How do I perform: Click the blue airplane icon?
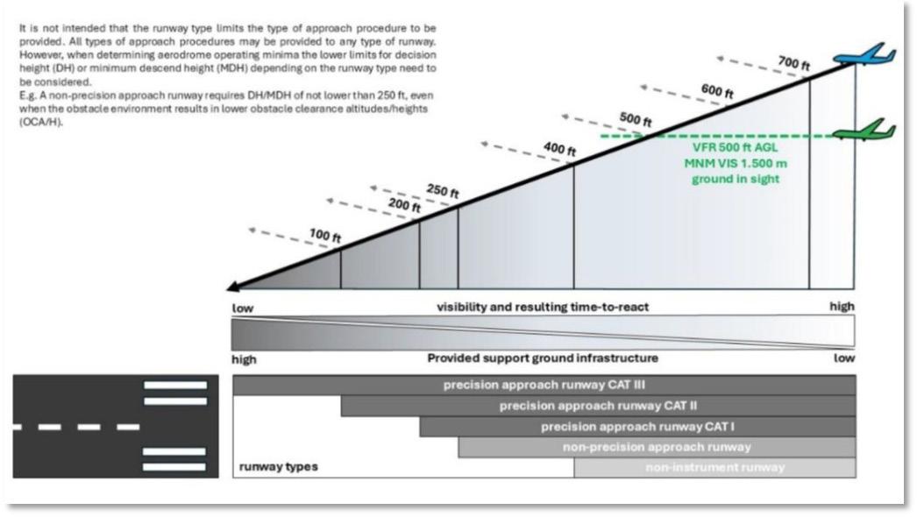[x=864, y=57]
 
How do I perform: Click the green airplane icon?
[x=864, y=131]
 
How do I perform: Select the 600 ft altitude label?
[x=716, y=90]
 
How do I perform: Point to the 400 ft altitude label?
[x=559, y=150]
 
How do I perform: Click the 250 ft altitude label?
[x=443, y=191]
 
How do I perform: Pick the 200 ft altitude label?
[x=404, y=207]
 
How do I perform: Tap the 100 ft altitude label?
[x=324, y=236]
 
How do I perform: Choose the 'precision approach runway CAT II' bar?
[x=598, y=406]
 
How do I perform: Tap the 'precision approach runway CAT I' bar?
[x=637, y=427]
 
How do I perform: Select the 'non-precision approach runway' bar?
[x=657, y=447]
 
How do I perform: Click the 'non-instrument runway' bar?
[x=714, y=468]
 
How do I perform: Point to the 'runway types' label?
[x=279, y=467]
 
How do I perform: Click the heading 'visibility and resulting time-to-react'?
[x=543, y=308]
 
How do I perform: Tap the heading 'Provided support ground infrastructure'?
[x=543, y=358]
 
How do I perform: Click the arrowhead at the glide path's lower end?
[x=234, y=286]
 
